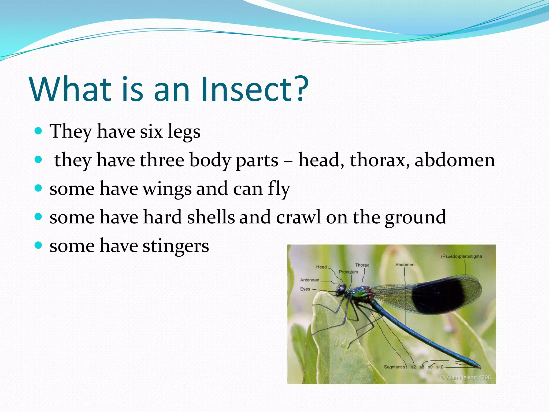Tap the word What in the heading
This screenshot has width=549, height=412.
pyautogui.click(x=71, y=89)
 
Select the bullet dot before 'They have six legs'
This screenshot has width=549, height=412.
pyautogui.click(x=39, y=131)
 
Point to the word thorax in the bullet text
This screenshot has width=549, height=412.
pyautogui.click(x=380, y=160)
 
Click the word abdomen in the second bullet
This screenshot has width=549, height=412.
pyautogui.click(x=455, y=160)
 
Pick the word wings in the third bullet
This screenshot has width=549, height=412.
pyautogui.click(x=167, y=189)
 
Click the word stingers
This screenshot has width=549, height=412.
pyautogui.click(x=176, y=246)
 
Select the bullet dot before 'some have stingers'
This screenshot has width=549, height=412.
pyautogui.click(x=39, y=245)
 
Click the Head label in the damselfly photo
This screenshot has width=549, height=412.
pyautogui.click(x=321, y=267)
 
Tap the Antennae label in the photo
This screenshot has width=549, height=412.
pyautogui.click(x=310, y=280)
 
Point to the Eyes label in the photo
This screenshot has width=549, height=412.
pyautogui.click(x=305, y=289)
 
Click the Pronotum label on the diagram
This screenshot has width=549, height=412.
pyautogui.click(x=348, y=272)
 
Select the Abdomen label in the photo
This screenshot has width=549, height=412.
pyautogui.click(x=405, y=265)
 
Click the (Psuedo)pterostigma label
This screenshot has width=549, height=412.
pyautogui.click(x=461, y=256)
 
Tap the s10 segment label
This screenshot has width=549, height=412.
pyautogui.click(x=440, y=367)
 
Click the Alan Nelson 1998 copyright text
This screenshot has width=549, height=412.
pyautogui.click(x=466, y=377)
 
